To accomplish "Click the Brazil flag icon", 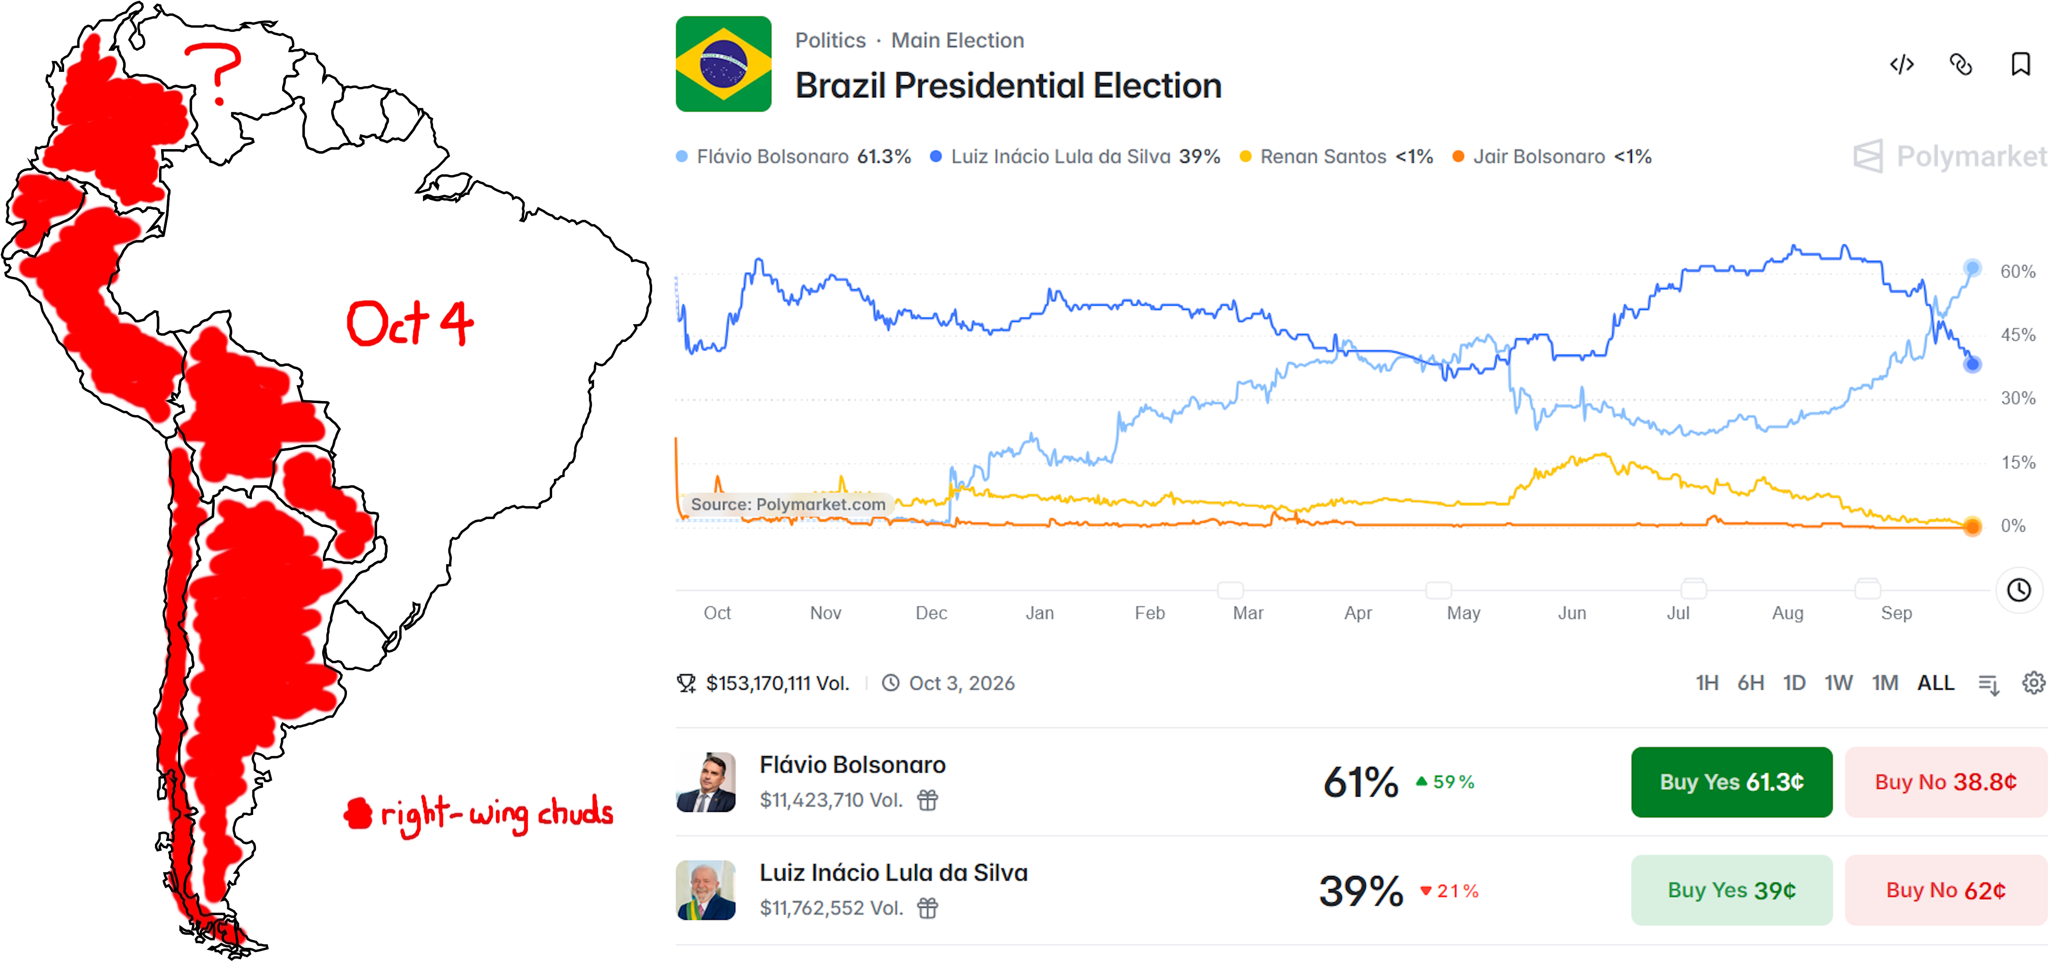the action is pos(723,64).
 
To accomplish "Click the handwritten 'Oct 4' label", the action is pos(410,323).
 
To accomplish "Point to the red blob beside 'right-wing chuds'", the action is pos(358,814).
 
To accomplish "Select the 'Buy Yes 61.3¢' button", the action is pos(1732,781).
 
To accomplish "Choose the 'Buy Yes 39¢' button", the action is pos(1732,890).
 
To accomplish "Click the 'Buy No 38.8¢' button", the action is pos(1946,781).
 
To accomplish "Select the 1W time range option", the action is pos(1838,683).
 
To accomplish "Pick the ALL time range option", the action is pos(1935,683).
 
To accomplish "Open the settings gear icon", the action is pos(2034,683).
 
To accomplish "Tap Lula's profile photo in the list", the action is pos(705,890).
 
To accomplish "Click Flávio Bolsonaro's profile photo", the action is pos(705,781).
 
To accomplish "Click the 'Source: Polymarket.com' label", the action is pos(788,504).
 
